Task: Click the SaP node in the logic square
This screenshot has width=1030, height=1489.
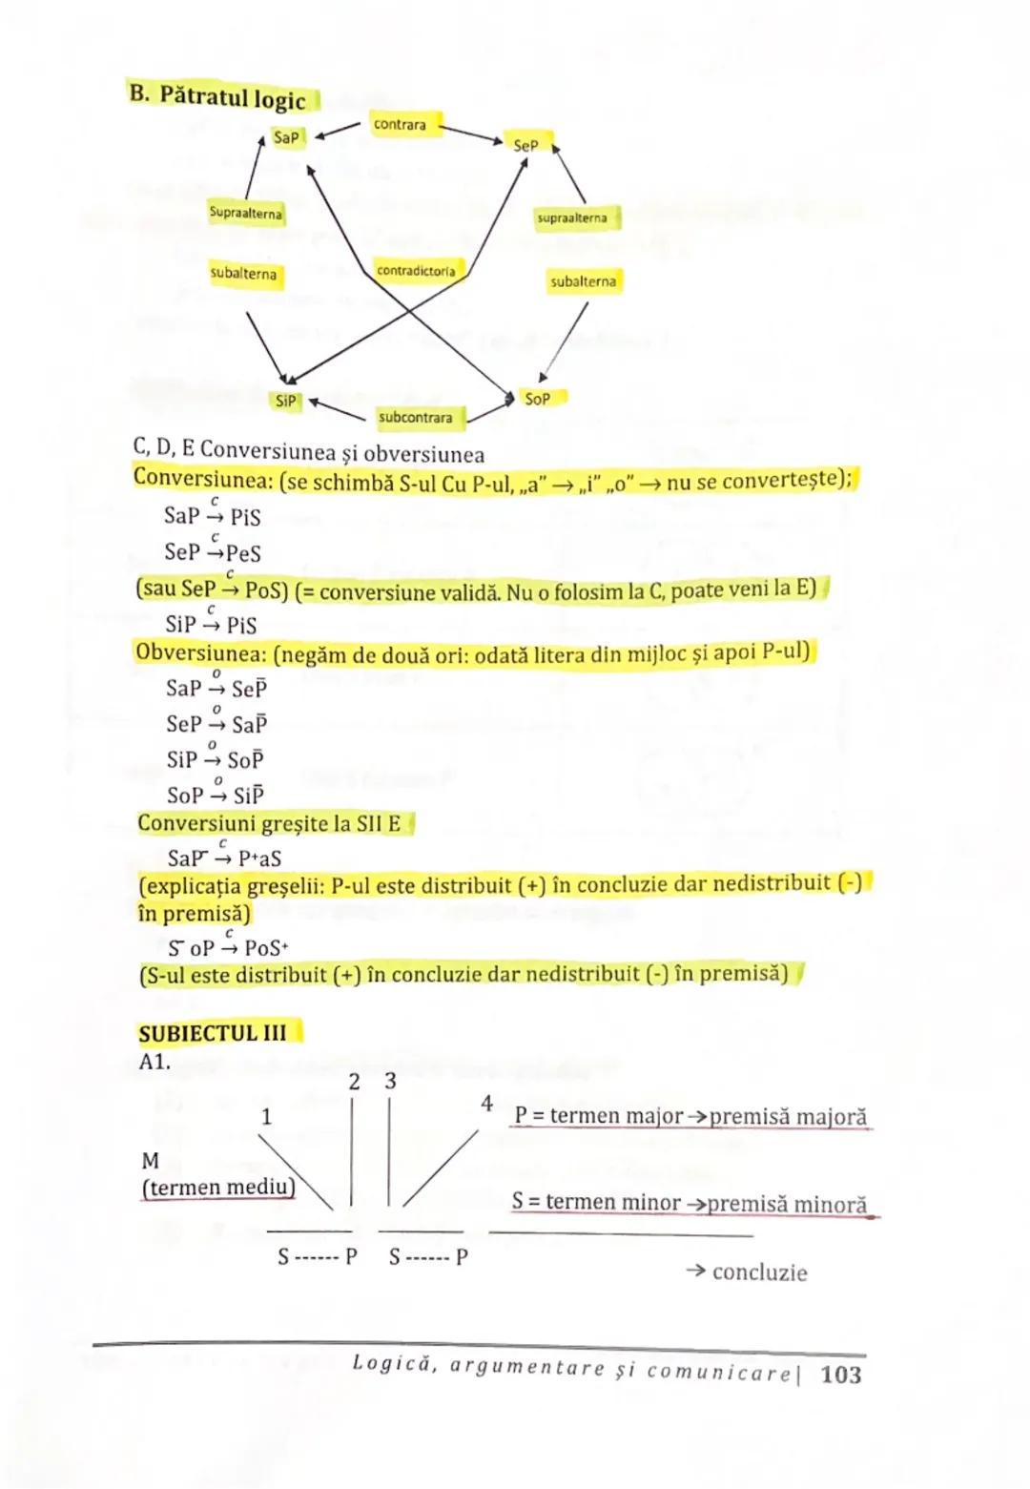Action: click(286, 137)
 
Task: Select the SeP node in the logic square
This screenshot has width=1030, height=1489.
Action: click(525, 145)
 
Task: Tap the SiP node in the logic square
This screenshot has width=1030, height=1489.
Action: click(286, 401)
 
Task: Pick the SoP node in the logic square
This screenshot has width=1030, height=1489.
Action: click(538, 399)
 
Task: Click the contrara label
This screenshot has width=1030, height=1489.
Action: click(401, 124)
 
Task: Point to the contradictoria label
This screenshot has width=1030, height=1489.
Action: click(417, 271)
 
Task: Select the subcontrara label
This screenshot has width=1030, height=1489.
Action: click(416, 417)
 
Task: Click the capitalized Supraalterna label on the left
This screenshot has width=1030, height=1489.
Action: click(246, 213)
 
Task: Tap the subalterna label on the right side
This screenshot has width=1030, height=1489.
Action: click(583, 281)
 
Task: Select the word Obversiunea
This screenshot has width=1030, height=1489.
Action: click(202, 653)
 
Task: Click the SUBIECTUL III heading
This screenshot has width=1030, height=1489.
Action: click(213, 1033)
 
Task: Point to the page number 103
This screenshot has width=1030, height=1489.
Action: click(840, 1375)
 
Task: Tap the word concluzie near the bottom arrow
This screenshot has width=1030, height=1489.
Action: click(759, 1272)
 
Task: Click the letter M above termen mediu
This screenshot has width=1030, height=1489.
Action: click(150, 1161)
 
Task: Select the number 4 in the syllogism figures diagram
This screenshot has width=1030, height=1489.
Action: click(486, 1104)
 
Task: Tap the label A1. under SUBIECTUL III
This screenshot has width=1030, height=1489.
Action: click(154, 1062)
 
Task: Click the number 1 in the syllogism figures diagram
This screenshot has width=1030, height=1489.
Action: click(266, 1116)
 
